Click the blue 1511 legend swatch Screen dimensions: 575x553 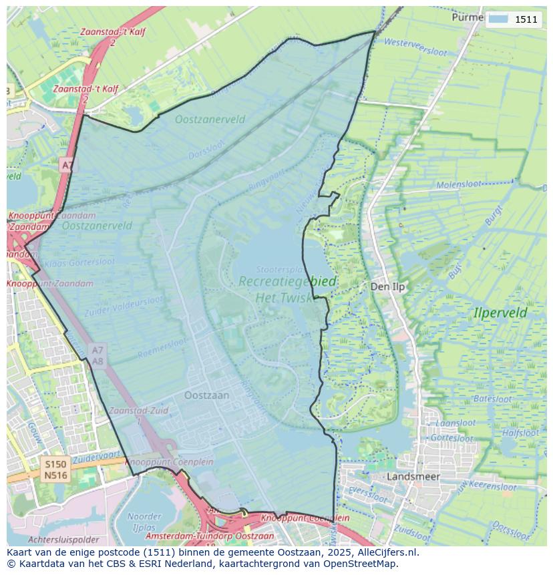498,19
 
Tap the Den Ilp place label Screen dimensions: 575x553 388,286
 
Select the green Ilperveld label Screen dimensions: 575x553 500,313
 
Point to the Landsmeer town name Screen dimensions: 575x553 413,477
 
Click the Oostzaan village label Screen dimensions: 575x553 206,395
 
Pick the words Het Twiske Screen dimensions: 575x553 284,298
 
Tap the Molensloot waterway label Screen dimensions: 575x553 459,185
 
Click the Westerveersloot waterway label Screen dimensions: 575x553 415,47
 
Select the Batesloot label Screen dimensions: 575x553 492,399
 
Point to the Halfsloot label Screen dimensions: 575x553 520,433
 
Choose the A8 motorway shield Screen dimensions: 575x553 98,361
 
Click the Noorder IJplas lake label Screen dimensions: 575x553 144,522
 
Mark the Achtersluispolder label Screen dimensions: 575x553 63,540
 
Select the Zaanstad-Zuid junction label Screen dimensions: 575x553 139,411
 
